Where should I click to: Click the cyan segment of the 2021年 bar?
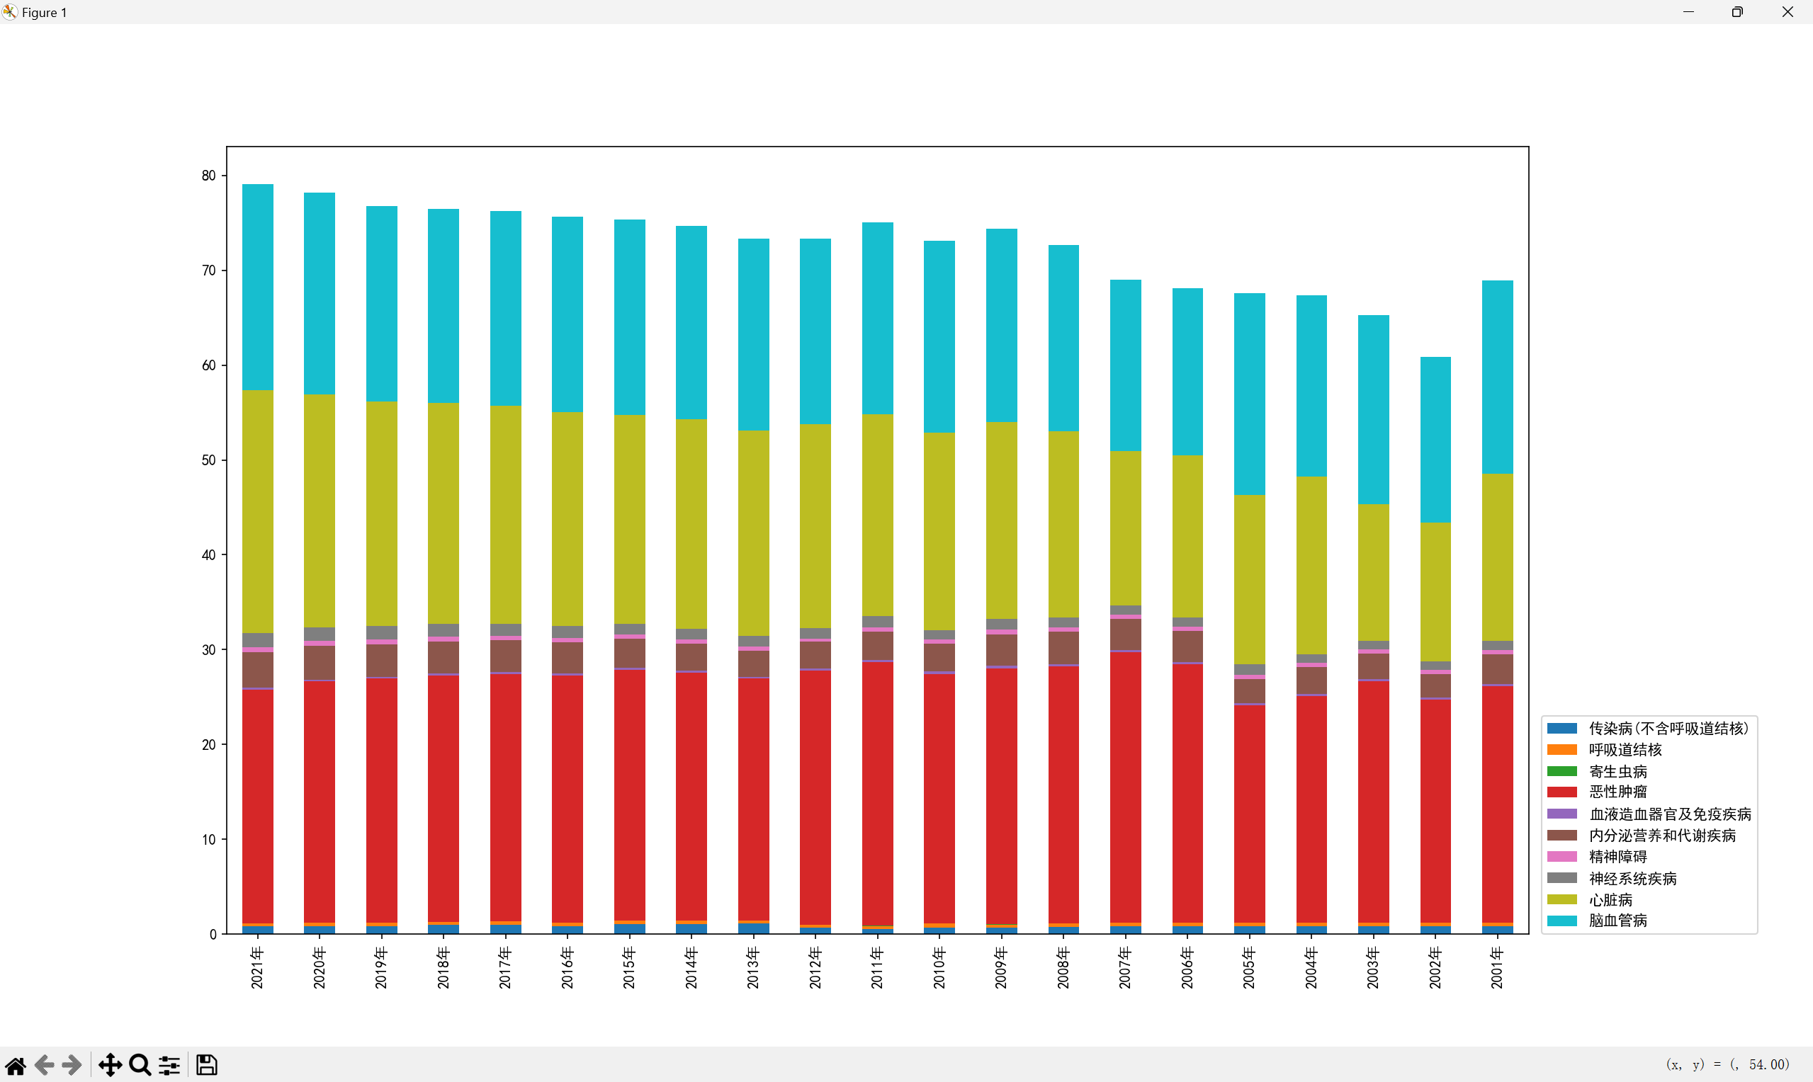tap(257, 287)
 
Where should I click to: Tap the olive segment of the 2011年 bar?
tap(876, 515)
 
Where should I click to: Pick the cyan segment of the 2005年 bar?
tap(1248, 394)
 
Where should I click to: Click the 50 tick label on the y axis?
tap(209, 460)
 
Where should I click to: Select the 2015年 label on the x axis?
tap(629, 968)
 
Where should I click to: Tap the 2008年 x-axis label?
tap(1063, 968)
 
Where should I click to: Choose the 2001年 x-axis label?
tap(1497, 968)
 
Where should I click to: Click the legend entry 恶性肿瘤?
tap(1617, 792)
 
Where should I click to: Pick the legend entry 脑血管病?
tap(1617, 921)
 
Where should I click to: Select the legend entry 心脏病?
tap(1610, 900)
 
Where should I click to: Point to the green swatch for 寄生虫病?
tap(1561, 771)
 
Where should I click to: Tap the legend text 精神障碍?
tap(1617, 857)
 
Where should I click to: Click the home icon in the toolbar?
tap(16, 1065)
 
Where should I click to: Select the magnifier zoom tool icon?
tap(140, 1065)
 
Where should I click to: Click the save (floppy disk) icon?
tap(206, 1065)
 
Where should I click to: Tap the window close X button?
tap(1787, 11)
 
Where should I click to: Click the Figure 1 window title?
tap(44, 13)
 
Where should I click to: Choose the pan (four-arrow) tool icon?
tap(110, 1065)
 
